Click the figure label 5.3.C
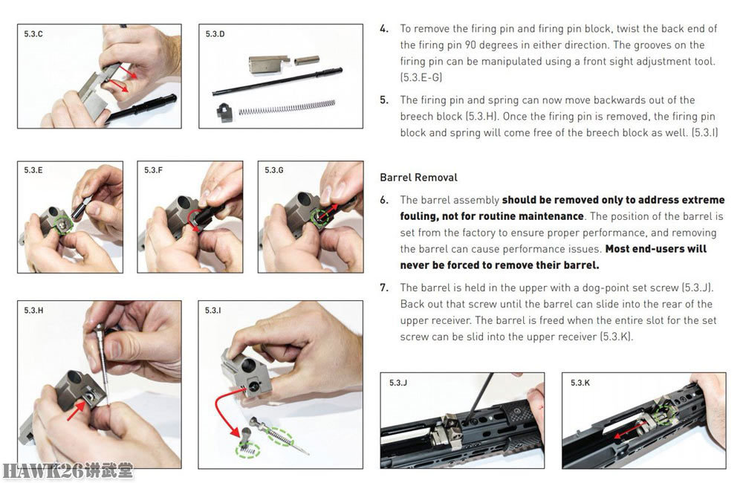pos(33,34)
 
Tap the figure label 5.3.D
pos(215,34)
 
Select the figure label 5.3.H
pos(33,311)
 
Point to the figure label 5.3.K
pos(580,383)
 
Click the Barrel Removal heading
pos(418,178)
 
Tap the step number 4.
pos(384,29)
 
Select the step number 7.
pos(384,288)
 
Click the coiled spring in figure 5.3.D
pos(287,108)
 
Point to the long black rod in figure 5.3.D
pos(277,82)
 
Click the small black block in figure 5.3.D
pos(224,112)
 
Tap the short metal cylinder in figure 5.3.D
pos(306,61)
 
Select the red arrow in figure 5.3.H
pos(76,410)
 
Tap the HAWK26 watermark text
pos(68,470)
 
